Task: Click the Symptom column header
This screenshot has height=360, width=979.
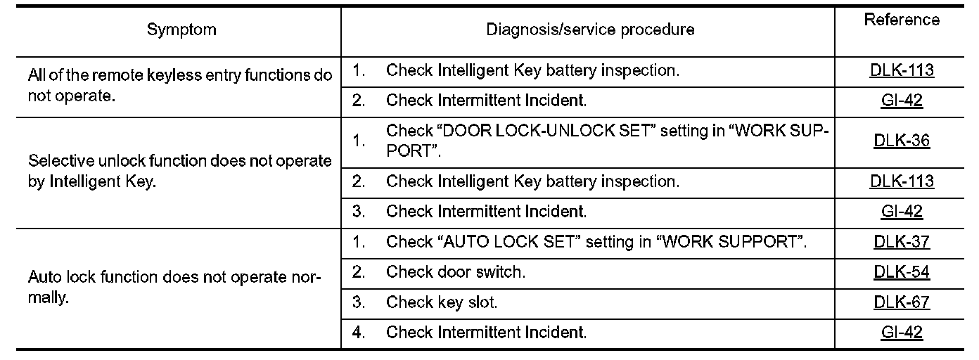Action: point(181,30)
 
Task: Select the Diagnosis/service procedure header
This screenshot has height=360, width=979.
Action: point(589,30)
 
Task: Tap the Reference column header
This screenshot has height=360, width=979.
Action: point(902,20)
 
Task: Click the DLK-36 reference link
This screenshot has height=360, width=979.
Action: point(902,141)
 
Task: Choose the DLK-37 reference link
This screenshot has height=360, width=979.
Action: point(902,242)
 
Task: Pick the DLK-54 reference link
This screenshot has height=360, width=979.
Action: point(902,272)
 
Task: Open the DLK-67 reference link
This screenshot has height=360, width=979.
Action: point(902,302)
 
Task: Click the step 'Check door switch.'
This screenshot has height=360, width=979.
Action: point(455,272)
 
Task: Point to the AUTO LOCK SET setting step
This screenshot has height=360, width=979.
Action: point(596,242)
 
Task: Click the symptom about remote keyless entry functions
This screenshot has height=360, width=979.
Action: point(180,86)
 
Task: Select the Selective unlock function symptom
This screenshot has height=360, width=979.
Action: point(180,171)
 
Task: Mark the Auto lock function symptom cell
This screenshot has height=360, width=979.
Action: point(174,288)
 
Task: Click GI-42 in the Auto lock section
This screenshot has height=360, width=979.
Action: point(902,333)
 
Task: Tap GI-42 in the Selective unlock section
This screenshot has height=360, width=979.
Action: point(902,212)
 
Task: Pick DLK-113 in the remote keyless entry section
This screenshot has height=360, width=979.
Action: point(902,70)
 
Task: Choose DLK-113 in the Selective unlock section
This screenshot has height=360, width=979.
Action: point(902,181)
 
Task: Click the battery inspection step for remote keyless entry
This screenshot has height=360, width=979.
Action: point(532,70)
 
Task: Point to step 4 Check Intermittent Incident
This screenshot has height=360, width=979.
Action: point(486,333)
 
